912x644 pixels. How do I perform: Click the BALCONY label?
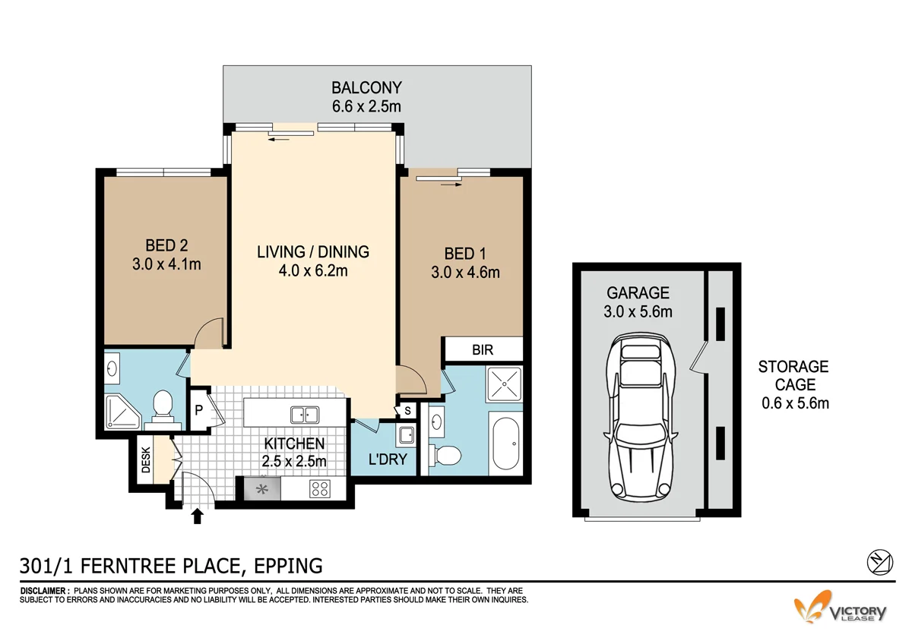(x=366, y=87)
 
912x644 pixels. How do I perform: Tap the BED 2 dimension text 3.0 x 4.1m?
(x=166, y=264)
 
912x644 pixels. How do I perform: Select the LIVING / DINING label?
(x=313, y=252)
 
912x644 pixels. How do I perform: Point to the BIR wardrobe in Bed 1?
(x=483, y=349)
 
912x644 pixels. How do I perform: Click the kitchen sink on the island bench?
(x=305, y=415)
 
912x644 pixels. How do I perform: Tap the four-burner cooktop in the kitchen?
(x=320, y=489)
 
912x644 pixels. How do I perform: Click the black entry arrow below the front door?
(x=198, y=516)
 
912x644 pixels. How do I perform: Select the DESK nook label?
(x=146, y=459)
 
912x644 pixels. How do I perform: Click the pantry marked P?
(x=199, y=409)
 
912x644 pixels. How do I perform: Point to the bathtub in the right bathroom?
(x=505, y=444)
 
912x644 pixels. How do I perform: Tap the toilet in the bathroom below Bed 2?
(x=163, y=408)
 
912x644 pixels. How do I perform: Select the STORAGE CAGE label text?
(x=793, y=375)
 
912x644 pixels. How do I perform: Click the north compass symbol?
(x=880, y=563)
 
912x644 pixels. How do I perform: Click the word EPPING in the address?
(x=288, y=566)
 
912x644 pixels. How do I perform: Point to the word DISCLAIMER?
(x=43, y=591)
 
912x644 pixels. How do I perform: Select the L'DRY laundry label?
(x=388, y=459)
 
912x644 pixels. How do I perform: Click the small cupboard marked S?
(x=407, y=411)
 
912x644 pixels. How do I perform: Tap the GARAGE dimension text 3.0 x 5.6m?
(x=638, y=311)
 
